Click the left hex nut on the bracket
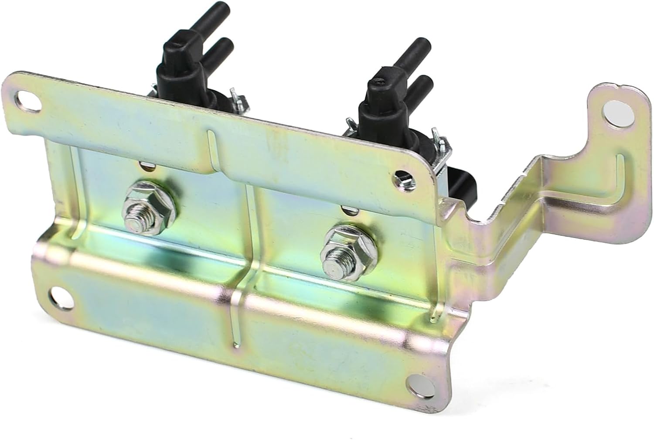click(x=150, y=208)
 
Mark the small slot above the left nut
click(x=146, y=164)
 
